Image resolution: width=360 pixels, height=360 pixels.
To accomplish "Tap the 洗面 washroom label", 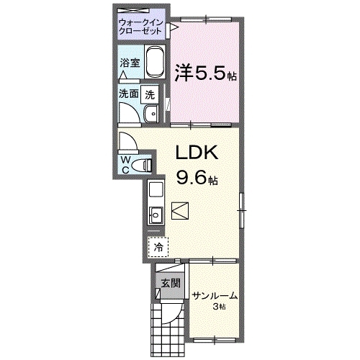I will tap(130, 93).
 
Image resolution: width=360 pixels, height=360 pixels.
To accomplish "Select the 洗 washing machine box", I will tap(150, 93).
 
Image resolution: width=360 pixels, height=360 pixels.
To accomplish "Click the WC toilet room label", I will tap(126, 164).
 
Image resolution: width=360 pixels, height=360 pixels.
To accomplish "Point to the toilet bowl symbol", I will tap(147, 164).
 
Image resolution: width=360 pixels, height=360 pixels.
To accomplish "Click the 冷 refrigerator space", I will tap(158, 246).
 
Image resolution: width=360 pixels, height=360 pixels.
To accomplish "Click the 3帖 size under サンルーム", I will tap(218, 307).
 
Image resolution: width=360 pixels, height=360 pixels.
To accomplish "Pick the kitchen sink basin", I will tap(156, 214).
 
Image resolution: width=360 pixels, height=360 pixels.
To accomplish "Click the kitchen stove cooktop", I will tap(156, 191).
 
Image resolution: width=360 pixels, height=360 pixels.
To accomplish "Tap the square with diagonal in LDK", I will tap(180, 212).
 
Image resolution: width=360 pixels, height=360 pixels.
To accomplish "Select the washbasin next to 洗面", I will tap(152, 115).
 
